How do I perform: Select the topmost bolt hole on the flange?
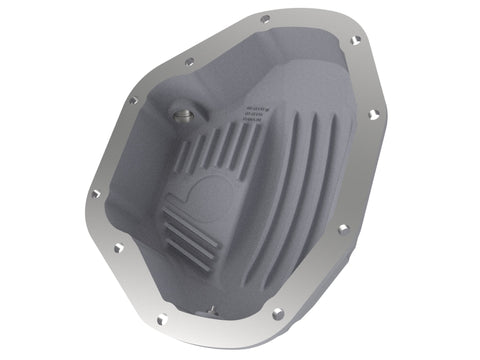pos(265,19)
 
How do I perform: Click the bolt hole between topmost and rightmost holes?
pos(356,41)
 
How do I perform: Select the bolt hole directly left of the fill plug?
pos(132,100)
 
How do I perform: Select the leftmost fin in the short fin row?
pos(184,156)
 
